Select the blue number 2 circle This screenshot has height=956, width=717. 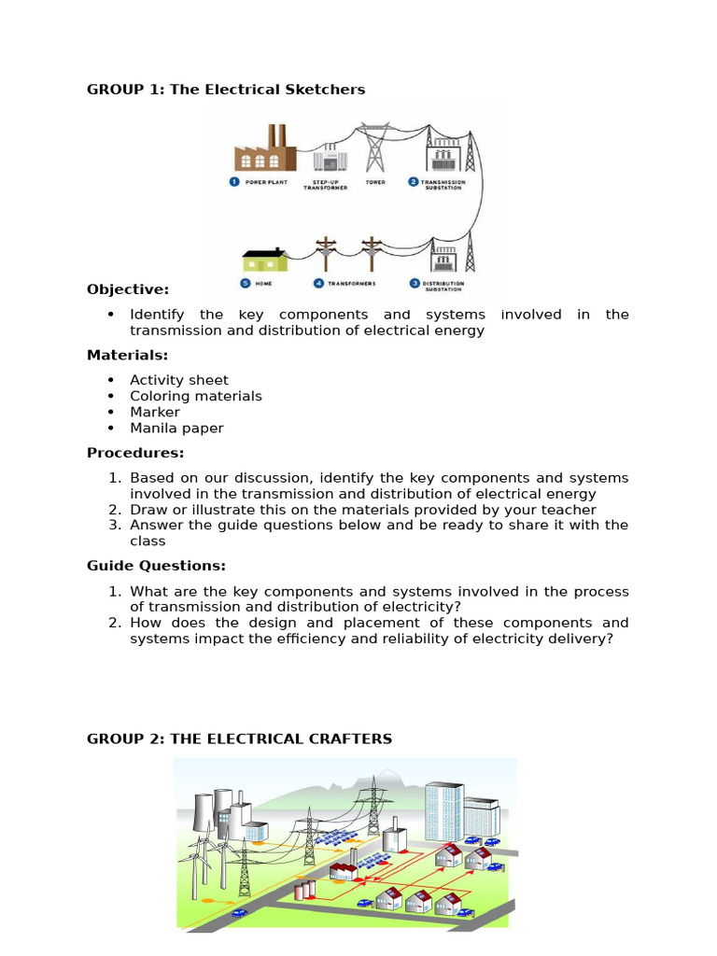413,181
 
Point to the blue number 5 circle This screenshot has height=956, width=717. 245,282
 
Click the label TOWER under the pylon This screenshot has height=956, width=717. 375,182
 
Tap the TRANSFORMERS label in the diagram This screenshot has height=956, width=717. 344,282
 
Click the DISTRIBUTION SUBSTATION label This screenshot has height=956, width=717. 443,285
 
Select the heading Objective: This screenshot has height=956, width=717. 128,289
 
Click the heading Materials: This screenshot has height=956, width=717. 127,355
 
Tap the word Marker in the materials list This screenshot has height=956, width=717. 155,412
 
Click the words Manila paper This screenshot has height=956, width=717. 176,428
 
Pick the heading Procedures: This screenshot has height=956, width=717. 135,453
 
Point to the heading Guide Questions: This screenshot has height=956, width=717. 156,565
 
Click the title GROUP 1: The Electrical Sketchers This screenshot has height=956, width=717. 226,90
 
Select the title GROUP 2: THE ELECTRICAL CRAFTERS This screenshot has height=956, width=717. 239,738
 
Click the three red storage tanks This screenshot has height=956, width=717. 303,890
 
